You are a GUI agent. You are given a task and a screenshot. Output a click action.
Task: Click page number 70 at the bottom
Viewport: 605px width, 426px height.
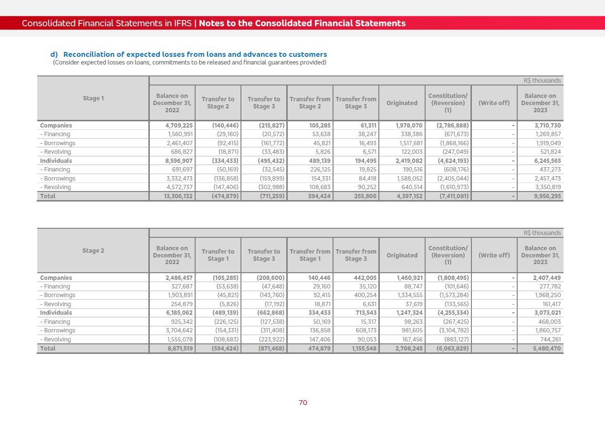click(x=303, y=403)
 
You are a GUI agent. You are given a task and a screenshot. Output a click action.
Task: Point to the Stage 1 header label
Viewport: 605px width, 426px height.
click(x=93, y=98)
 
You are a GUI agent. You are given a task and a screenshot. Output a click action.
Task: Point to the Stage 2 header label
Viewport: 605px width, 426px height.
click(x=93, y=251)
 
